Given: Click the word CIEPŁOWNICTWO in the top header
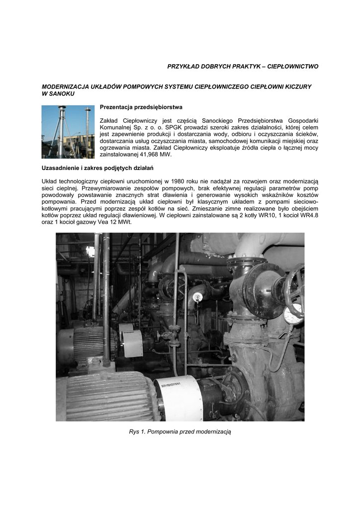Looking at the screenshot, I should tap(293, 66).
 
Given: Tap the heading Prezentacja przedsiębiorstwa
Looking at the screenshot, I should tap(141, 107).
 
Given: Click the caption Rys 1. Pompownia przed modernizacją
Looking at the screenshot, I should tap(180, 431).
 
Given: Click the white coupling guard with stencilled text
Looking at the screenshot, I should tap(178, 398).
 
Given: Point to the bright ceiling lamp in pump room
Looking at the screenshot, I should tap(90, 252).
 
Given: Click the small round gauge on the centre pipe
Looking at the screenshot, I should tap(197, 297).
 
